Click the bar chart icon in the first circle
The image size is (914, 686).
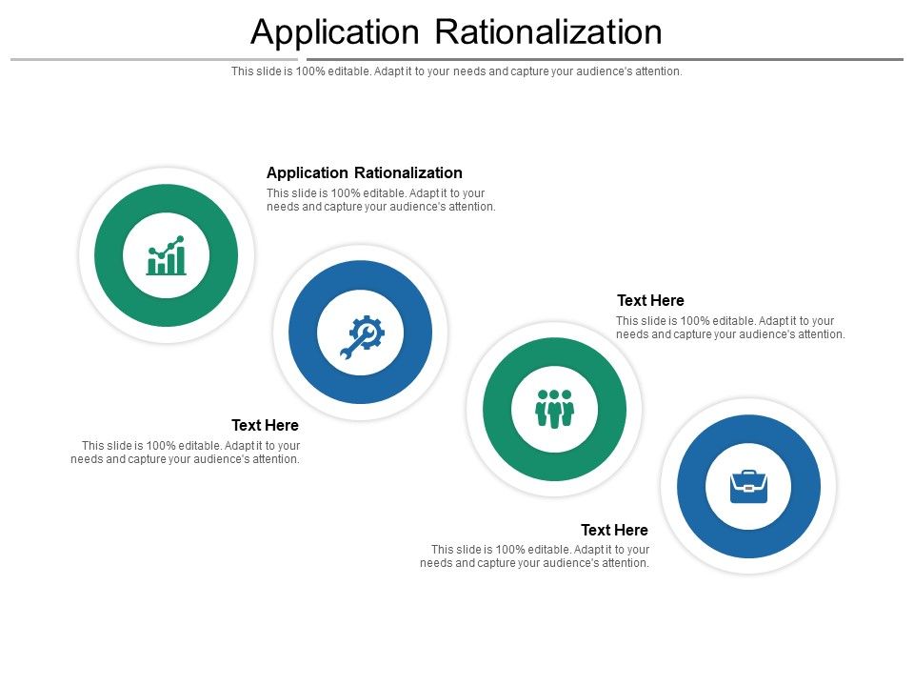[x=167, y=255]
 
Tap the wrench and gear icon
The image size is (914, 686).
[x=361, y=333]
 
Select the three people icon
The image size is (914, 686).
[x=554, y=409]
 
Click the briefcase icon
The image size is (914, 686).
[x=748, y=486]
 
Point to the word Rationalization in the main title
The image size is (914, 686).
[x=548, y=32]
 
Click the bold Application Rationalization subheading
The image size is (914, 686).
[x=365, y=172]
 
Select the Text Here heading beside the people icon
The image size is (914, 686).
[x=650, y=300]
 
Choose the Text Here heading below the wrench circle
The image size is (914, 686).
[x=265, y=425]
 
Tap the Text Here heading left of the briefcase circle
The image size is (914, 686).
[x=614, y=530]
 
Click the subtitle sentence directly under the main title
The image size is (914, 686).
[x=457, y=71]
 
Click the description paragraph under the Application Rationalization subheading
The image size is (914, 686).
[x=381, y=200]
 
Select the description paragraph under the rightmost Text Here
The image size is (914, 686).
[x=730, y=328]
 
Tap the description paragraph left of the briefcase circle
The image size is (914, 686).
[x=535, y=556]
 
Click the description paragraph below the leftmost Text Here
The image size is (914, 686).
[x=186, y=452]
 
